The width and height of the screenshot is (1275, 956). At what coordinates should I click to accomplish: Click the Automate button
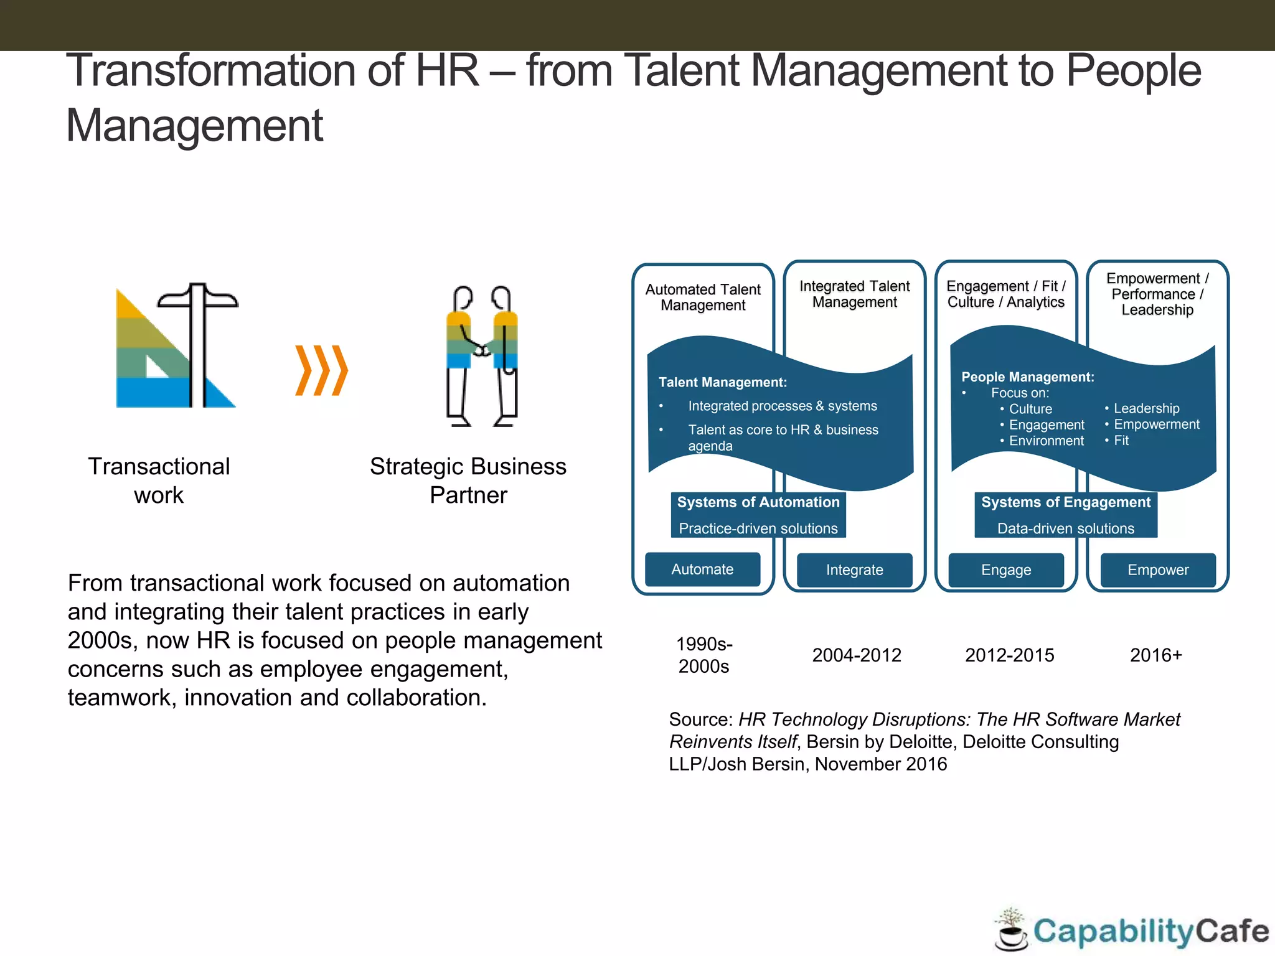702,569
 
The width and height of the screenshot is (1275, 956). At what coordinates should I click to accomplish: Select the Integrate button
854,570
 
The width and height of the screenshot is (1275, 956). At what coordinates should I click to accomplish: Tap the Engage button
1006,570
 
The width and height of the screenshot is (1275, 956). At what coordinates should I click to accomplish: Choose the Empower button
1158,570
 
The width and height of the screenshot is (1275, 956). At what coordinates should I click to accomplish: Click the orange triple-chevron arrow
321,370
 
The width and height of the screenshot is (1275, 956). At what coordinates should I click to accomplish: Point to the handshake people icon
482,356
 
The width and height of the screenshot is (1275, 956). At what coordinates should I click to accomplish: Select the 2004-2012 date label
857,655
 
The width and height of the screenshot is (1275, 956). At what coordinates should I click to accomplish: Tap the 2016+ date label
1155,655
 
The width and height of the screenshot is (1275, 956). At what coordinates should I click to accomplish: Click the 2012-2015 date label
1009,655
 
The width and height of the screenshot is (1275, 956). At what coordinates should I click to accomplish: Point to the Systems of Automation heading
758,502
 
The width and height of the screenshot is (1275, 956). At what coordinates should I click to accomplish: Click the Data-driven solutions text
1065,528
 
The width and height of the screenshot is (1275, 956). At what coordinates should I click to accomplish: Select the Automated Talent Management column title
703,298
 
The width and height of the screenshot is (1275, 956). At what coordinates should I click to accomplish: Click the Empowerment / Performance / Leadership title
1157,294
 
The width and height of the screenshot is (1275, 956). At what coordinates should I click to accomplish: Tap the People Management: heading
1027,377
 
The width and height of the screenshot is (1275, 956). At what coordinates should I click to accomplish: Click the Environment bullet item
1046,441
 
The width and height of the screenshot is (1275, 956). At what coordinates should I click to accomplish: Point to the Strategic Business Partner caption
468,480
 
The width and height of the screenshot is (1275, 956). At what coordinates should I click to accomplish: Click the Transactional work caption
159,480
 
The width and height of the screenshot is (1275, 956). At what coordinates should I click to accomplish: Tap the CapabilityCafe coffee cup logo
1012,930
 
